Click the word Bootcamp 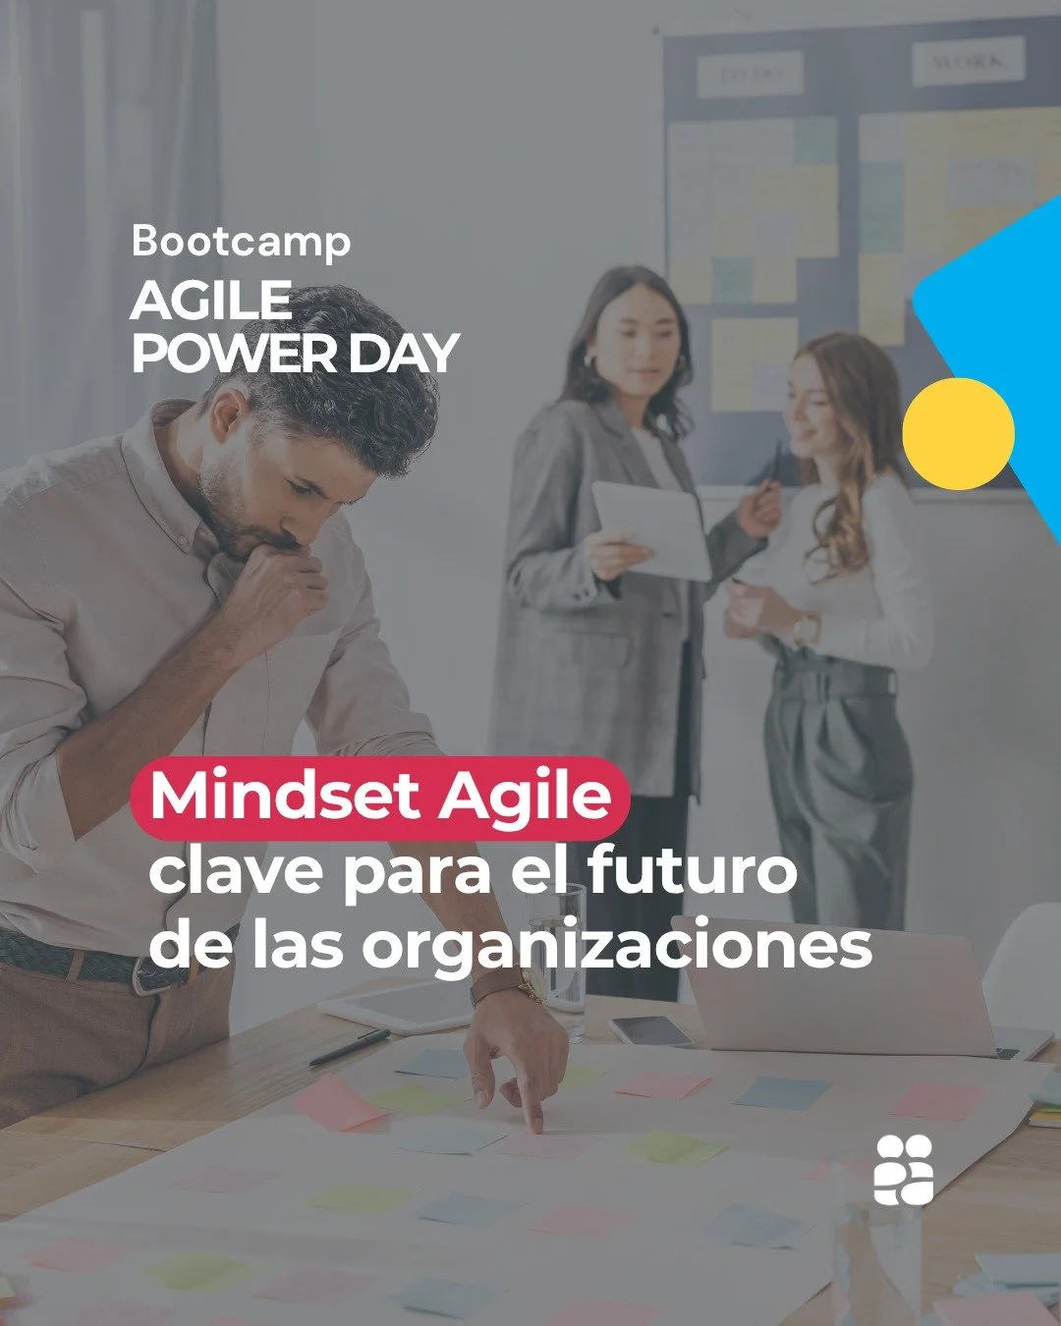pyautogui.click(x=241, y=242)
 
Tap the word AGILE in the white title pyautogui.click(x=211, y=301)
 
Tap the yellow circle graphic pyautogui.click(x=958, y=433)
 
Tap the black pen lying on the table pyautogui.click(x=350, y=1048)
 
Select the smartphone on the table pyautogui.click(x=650, y=1030)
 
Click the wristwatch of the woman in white pyautogui.click(x=806, y=628)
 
